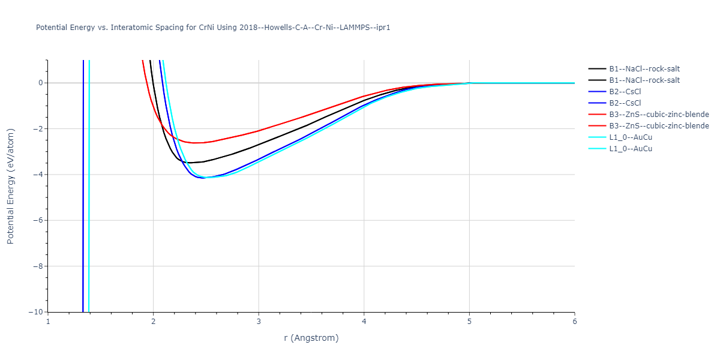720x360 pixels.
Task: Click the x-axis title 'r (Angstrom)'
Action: pos(311,338)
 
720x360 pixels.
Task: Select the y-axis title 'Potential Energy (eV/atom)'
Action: pos(10,185)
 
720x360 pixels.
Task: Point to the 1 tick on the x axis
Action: pos(48,321)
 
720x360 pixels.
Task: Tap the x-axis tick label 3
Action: pos(259,321)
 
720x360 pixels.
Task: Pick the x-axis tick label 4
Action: pos(364,321)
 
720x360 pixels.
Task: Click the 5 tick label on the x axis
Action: pos(469,321)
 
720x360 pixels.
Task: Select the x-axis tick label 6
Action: pos(574,321)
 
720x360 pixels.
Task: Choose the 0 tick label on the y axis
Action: pos(40,83)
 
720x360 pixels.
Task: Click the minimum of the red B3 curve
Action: pos(195,143)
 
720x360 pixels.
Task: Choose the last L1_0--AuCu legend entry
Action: pos(630,149)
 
